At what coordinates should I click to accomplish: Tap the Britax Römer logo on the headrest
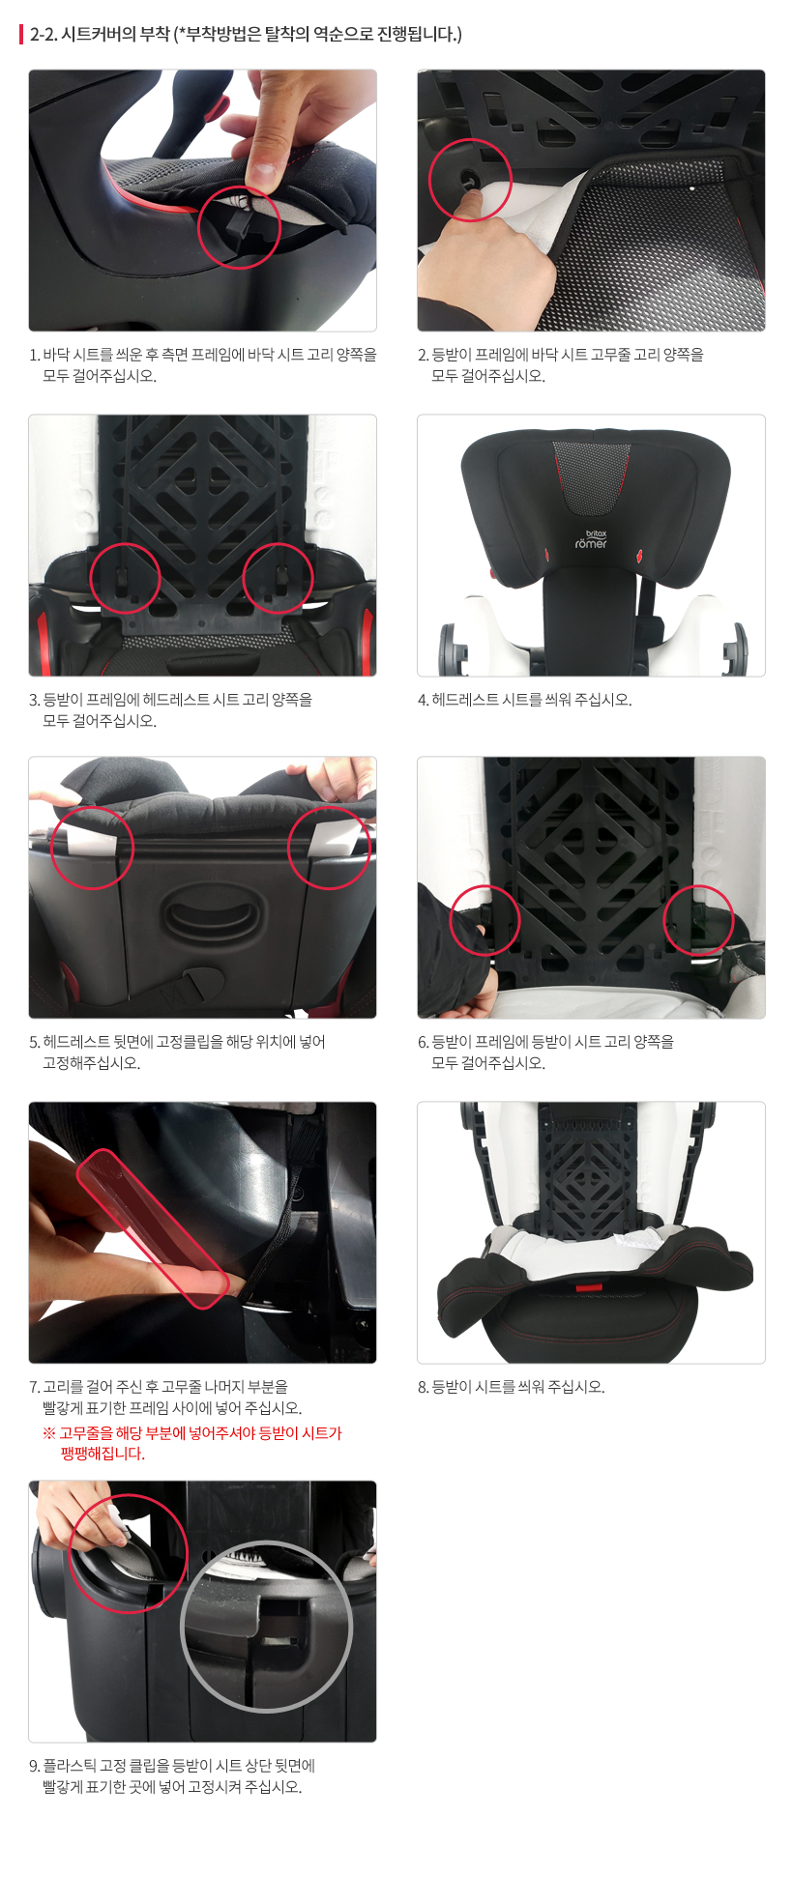[x=591, y=539]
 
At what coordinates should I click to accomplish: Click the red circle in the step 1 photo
[x=239, y=227]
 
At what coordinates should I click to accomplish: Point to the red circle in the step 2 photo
[x=470, y=180]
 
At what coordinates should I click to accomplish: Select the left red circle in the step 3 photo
[x=125, y=578]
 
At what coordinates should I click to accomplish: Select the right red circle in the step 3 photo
[x=278, y=578]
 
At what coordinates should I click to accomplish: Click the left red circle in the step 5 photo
[x=92, y=848]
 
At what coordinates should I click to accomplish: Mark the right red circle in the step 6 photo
[x=698, y=920]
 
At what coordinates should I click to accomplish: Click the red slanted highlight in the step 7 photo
[x=153, y=1226]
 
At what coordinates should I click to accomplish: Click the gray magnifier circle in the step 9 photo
[x=267, y=1626]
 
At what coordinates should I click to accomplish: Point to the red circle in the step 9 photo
[x=128, y=1553]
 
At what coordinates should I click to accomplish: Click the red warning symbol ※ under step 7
[x=49, y=1433]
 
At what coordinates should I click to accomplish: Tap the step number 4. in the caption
[x=424, y=700]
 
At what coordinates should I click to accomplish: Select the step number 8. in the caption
[x=424, y=1387]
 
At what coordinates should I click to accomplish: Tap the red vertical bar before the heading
[x=21, y=35]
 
